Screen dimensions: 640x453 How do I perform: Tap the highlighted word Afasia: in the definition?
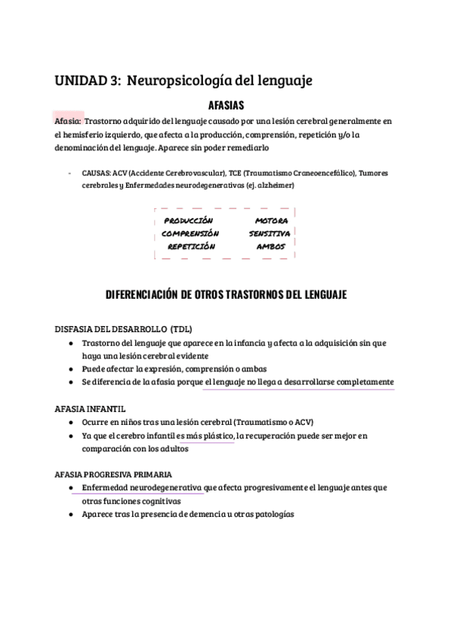point(68,121)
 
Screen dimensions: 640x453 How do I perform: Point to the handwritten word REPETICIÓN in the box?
point(191,246)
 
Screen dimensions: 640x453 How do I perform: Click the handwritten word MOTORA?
point(272,220)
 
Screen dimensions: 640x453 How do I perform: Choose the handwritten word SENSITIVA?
point(270,233)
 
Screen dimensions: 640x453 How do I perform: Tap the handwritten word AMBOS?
point(271,246)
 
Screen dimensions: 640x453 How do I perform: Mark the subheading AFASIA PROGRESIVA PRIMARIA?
point(113,474)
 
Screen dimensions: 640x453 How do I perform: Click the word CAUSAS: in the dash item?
point(97,173)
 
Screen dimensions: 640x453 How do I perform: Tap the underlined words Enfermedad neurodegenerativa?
point(143,488)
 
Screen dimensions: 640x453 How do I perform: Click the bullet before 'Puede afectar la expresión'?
point(71,369)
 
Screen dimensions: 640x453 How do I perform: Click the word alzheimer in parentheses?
point(276,184)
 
